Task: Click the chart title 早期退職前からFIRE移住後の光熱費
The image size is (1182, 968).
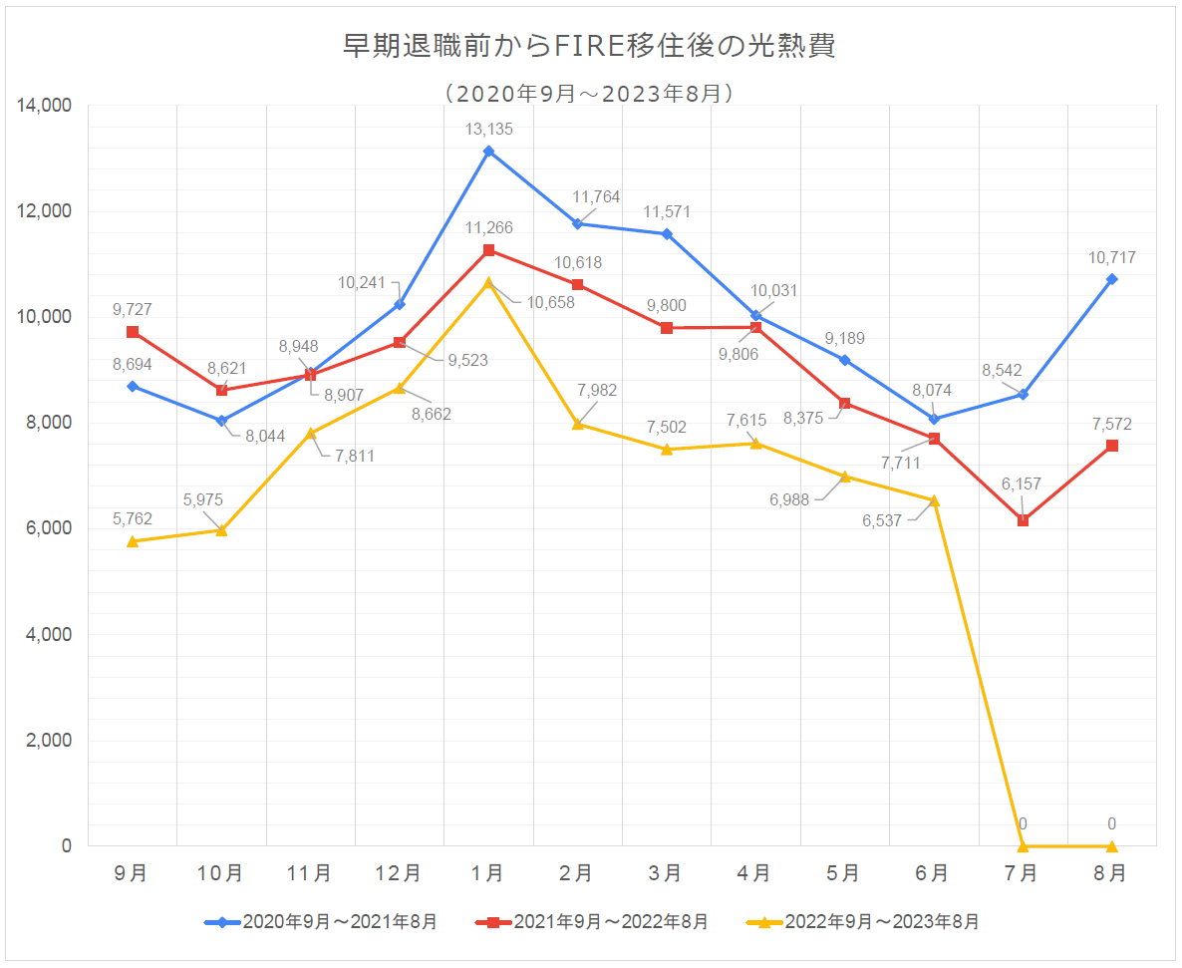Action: pos(589,46)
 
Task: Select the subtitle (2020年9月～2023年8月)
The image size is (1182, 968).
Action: pos(589,94)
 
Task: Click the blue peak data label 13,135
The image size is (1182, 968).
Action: pos(488,129)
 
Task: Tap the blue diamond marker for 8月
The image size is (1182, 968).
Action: pos(1111,279)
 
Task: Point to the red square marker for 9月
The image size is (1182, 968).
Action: pos(133,332)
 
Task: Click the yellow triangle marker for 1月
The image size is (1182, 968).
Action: pos(488,283)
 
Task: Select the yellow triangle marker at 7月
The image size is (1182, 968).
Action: pos(1023,845)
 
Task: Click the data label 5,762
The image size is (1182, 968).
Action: pos(133,518)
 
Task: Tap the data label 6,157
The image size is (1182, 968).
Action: pos(1022,484)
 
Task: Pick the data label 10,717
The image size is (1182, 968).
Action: pos(1112,258)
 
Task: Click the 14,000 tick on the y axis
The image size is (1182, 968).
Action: pos(45,106)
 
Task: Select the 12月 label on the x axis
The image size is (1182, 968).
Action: pos(398,873)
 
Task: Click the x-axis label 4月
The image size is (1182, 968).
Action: pos(753,873)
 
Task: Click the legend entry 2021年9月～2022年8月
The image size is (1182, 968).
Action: pos(593,922)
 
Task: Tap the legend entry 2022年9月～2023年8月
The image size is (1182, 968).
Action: pos(863,922)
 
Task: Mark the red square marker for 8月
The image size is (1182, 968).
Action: pos(1112,446)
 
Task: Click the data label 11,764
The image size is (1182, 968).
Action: pos(596,196)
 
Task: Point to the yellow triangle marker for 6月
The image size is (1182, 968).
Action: pos(934,500)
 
